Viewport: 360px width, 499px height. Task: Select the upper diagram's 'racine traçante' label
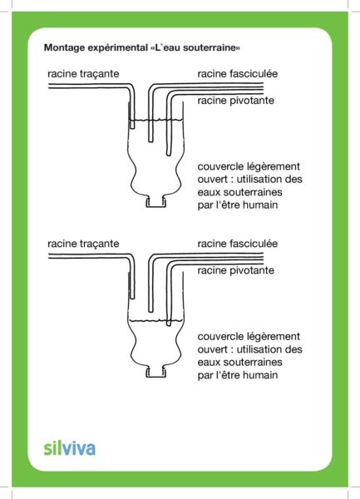[83, 74]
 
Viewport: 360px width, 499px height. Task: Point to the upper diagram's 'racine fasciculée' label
[238, 74]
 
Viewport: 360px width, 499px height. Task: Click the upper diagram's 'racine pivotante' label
[235, 101]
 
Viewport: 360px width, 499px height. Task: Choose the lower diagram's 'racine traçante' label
[83, 244]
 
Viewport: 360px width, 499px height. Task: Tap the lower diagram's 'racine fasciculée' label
[238, 244]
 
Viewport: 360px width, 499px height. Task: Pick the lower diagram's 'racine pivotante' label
[235, 270]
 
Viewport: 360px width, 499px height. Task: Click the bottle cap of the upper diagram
[155, 202]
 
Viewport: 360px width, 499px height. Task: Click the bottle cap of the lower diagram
[155, 373]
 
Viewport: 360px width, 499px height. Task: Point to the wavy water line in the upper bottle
[155, 120]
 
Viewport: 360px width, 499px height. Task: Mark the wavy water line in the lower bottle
[155, 321]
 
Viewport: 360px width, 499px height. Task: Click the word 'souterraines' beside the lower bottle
[253, 362]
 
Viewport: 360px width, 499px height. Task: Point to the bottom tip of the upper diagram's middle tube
[150, 141]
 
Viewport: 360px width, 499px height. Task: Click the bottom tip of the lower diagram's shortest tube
[132, 299]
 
